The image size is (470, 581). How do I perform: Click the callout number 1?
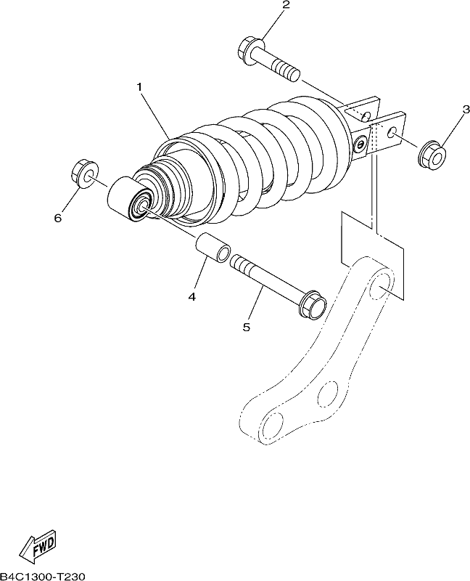click(139, 87)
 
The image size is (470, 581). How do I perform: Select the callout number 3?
click(466, 110)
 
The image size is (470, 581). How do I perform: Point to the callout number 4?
click(191, 296)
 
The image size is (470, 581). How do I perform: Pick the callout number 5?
click(247, 327)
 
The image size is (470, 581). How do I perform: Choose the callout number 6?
click(58, 219)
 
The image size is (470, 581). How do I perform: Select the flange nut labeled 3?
click(432, 153)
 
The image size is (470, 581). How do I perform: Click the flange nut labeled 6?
click(84, 174)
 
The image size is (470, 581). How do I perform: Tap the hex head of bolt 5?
click(313, 303)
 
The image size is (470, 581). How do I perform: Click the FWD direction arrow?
click(38, 548)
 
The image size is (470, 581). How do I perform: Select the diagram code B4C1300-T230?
click(43, 576)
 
